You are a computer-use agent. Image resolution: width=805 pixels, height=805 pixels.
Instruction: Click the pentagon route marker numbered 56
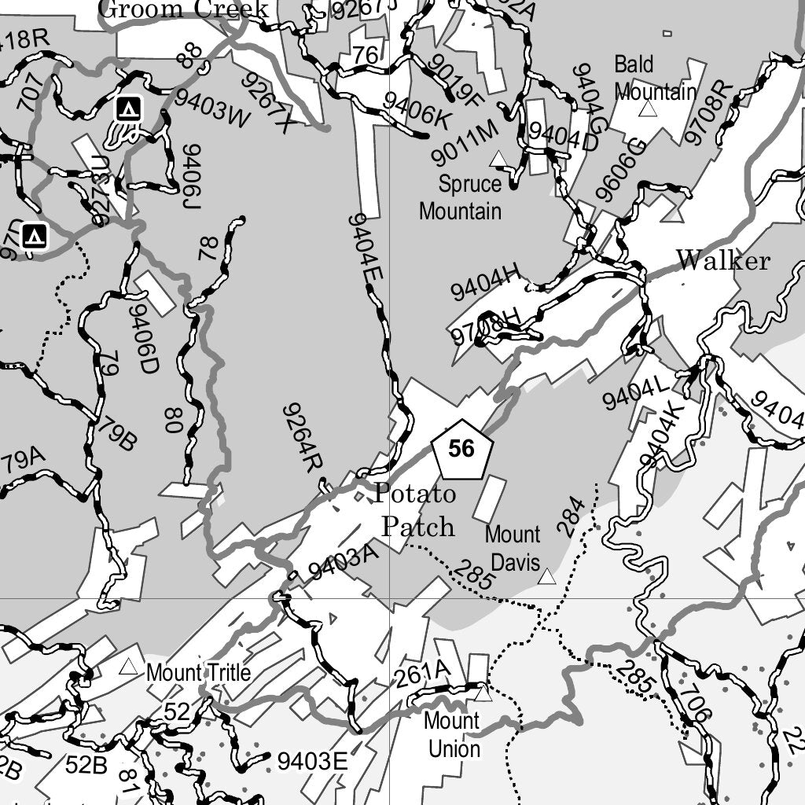click(462, 450)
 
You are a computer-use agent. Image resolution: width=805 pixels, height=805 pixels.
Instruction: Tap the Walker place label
click(723, 260)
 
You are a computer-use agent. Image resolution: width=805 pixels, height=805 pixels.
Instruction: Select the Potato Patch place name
click(417, 510)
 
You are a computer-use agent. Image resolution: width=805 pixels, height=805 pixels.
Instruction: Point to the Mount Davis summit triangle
click(547, 578)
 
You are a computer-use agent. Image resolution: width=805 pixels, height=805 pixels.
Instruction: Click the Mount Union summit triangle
click(483, 693)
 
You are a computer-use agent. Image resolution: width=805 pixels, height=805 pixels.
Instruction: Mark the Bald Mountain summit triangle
click(647, 108)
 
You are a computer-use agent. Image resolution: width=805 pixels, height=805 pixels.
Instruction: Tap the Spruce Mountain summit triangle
click(498, 160)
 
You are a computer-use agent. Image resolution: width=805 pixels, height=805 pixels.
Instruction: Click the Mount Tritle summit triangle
click(128, 667)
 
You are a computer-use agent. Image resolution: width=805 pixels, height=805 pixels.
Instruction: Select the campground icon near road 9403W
click(128, 108)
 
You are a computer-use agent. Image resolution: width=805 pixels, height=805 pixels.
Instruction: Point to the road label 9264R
click(303, 437)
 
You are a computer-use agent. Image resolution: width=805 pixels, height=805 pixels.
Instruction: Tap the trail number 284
click(572, 516)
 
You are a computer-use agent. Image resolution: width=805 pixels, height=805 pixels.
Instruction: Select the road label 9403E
click(312, 761)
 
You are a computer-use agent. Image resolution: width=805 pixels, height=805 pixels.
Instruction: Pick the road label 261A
click(421, 675)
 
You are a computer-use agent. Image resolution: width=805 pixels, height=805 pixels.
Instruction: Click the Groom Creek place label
click(186, 9)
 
